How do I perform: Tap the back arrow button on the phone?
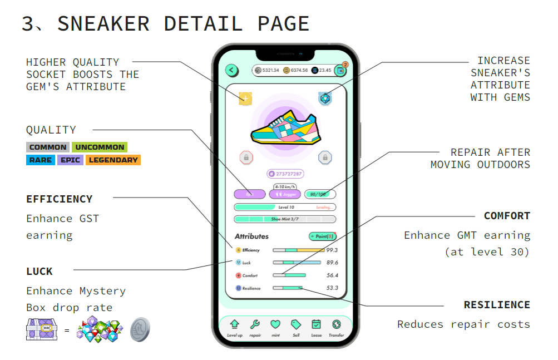tap(231, 70)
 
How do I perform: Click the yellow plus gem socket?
tap(245, 98)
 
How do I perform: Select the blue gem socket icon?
tap(325, 98)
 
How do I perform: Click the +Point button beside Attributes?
tap(322, 236)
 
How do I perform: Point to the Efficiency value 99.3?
tap(332, 250)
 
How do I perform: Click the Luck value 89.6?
tap(332, 263)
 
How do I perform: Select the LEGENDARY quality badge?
tap(113, 160)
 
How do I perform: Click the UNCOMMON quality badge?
tap(100, 147)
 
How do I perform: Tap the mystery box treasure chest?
tap(42, 329)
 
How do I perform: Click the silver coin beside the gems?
tap(140, 329)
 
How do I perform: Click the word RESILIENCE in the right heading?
tap(497, 305)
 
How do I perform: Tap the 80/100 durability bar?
tap(320, 194)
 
